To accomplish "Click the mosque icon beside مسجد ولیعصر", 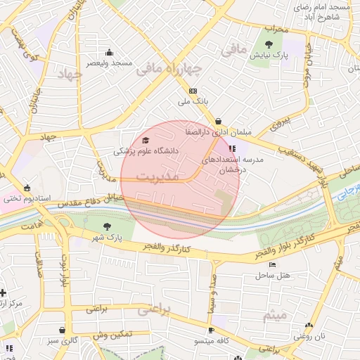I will pos(109,52).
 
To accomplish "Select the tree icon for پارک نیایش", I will pos(269,44).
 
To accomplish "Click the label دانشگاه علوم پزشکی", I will pos(146,151).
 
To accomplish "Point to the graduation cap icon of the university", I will pos(146,141).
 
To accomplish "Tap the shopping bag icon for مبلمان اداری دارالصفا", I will pos(219,121).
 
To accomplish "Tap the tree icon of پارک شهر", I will pos(106,226).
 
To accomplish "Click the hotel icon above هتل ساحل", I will pos(272,264).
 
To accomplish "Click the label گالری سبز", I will pos(63,341).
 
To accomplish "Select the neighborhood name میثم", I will pos(275,317).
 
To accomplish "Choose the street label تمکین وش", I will pos(116,335).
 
